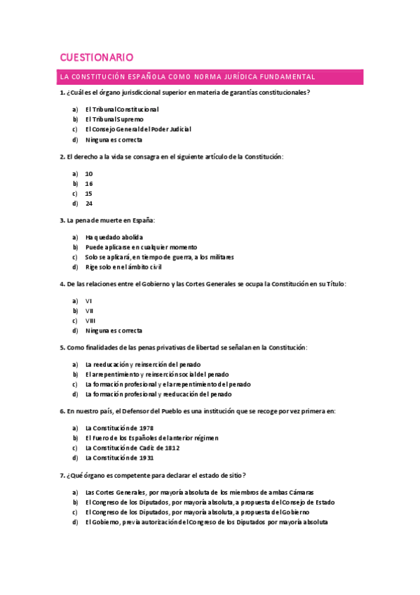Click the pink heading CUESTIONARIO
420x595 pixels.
[x=97, y=57]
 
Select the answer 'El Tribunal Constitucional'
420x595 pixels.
[x=121, y=109]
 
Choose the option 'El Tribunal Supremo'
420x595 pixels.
[x=114, y=119]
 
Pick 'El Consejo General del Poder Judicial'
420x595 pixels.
[x=137, y=129]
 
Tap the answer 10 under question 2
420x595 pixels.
[x=89, y=173]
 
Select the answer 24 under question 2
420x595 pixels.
[x=89, y=203]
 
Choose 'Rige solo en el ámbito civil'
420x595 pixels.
[x=123, y=267]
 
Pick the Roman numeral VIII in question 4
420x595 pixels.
[x=90, y=321]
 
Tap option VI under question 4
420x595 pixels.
[x=88, y=300]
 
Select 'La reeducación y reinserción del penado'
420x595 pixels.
[x=142, y=364]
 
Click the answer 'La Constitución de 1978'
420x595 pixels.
[x=118, y=428]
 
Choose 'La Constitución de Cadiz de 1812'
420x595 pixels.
[x=133, y=448]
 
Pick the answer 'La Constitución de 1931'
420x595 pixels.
[x=118, y=457]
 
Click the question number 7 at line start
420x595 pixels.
[x=62, y=475]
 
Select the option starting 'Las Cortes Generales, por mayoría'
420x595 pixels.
[x=199, y=493]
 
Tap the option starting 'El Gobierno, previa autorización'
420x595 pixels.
[x=206, y=522]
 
